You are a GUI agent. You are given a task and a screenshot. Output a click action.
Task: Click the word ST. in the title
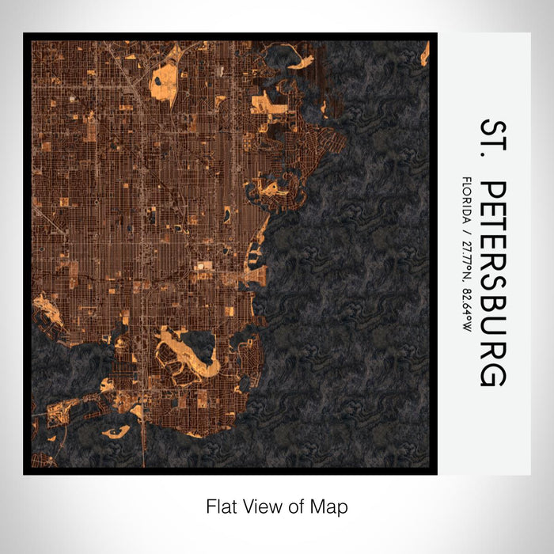[x=491, y=142]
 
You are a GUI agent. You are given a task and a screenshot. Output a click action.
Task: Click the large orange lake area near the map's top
[x=167, y=74]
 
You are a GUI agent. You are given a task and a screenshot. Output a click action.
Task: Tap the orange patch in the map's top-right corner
[x=425, y=54]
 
